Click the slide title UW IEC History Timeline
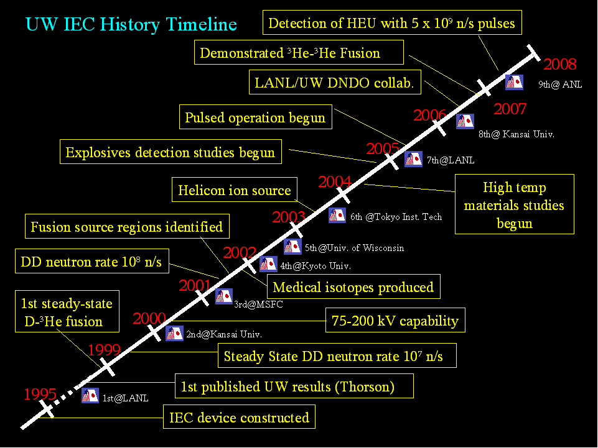pos(131,24)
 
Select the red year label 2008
pos(560,64)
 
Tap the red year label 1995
pos(40,394)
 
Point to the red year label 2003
pos(289,217)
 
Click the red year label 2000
pos(149,319)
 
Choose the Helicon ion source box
pos(235,190)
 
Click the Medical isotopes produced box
pos(353,287)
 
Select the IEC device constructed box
pos(239,417)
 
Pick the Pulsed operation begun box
pos(255,117)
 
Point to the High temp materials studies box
pos(514,205)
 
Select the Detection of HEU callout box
pos(392,24)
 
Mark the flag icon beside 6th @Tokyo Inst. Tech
pos(337,216)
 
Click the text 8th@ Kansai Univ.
pos(516,134)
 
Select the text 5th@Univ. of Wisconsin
pos(354,248)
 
